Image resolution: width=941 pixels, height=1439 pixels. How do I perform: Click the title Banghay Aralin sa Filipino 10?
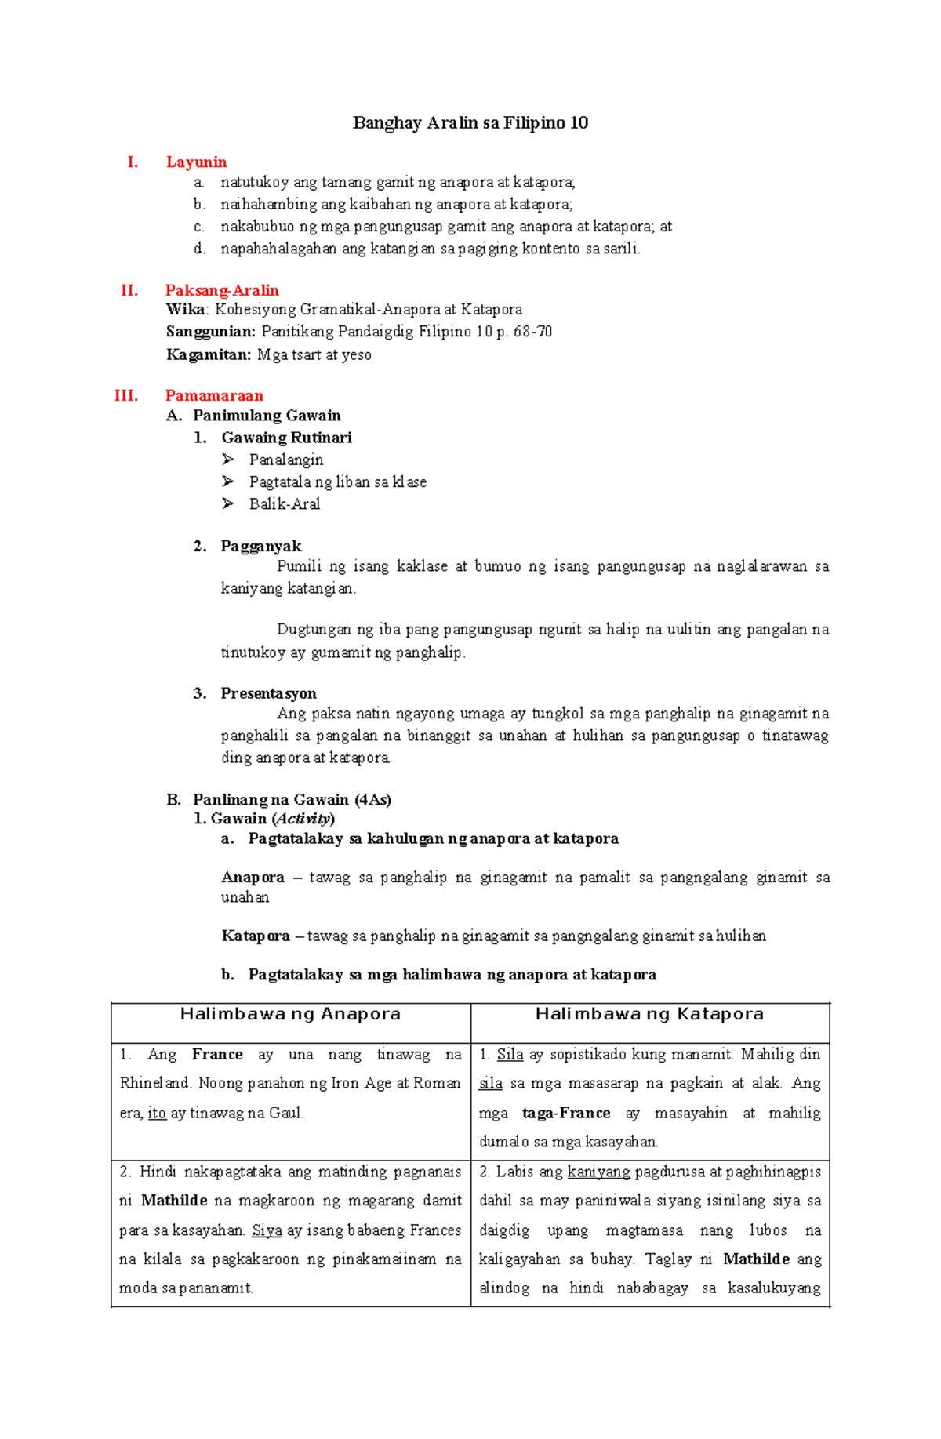pos(470,122)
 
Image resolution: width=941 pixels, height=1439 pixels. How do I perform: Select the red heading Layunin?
pos(196,162)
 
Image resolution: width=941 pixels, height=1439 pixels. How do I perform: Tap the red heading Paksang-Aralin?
pos(222,290)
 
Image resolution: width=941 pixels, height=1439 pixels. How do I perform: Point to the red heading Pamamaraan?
pos(214,395)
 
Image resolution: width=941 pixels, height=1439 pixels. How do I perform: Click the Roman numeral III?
pos(126,395)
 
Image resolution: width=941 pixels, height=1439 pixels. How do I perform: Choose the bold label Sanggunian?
pos(211,332)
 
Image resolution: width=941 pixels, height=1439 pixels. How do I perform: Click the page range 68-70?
pos(533,332)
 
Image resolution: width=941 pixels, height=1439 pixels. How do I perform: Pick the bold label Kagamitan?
pos(209,354)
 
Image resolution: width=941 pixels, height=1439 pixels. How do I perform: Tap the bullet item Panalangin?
pos(286,460)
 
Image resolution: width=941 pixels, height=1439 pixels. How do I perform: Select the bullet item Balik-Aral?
pos(285,504)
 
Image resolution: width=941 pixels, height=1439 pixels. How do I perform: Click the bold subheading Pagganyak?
pos(261,546)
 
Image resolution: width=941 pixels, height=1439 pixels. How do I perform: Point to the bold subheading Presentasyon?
pos(269,693)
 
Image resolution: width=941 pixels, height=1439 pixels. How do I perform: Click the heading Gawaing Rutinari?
pos(286,438)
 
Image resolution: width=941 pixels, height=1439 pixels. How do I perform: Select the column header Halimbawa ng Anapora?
pos(290,1014)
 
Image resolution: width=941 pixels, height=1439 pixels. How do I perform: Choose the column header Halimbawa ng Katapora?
pos(649,1014)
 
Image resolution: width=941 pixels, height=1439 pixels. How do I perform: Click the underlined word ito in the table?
pos(157,1113)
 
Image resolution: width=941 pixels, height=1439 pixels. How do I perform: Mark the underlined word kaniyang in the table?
pos(599,1172)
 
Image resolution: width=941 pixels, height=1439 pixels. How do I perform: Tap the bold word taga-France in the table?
pos(566,1113)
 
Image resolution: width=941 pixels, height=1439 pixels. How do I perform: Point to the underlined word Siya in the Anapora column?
pos(267,1230)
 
